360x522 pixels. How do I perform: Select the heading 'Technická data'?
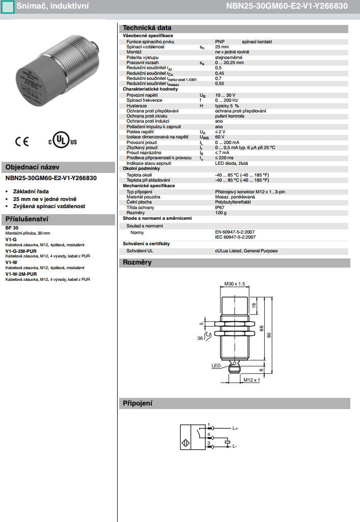click(x=146, y=28)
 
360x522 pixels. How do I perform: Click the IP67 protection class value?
click(x=219, y=207)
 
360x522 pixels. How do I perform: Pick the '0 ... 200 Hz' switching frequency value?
click(x=227, y=100)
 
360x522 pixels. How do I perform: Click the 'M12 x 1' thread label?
click(x=252, y=380)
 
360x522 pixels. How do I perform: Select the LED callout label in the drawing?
click(x=215, y=365)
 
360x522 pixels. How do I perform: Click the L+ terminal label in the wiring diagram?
click(x=235, y=429)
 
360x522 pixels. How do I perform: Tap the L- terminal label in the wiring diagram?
click(x=235, y=446)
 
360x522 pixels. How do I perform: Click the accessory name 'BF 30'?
click(x=12, y=228)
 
